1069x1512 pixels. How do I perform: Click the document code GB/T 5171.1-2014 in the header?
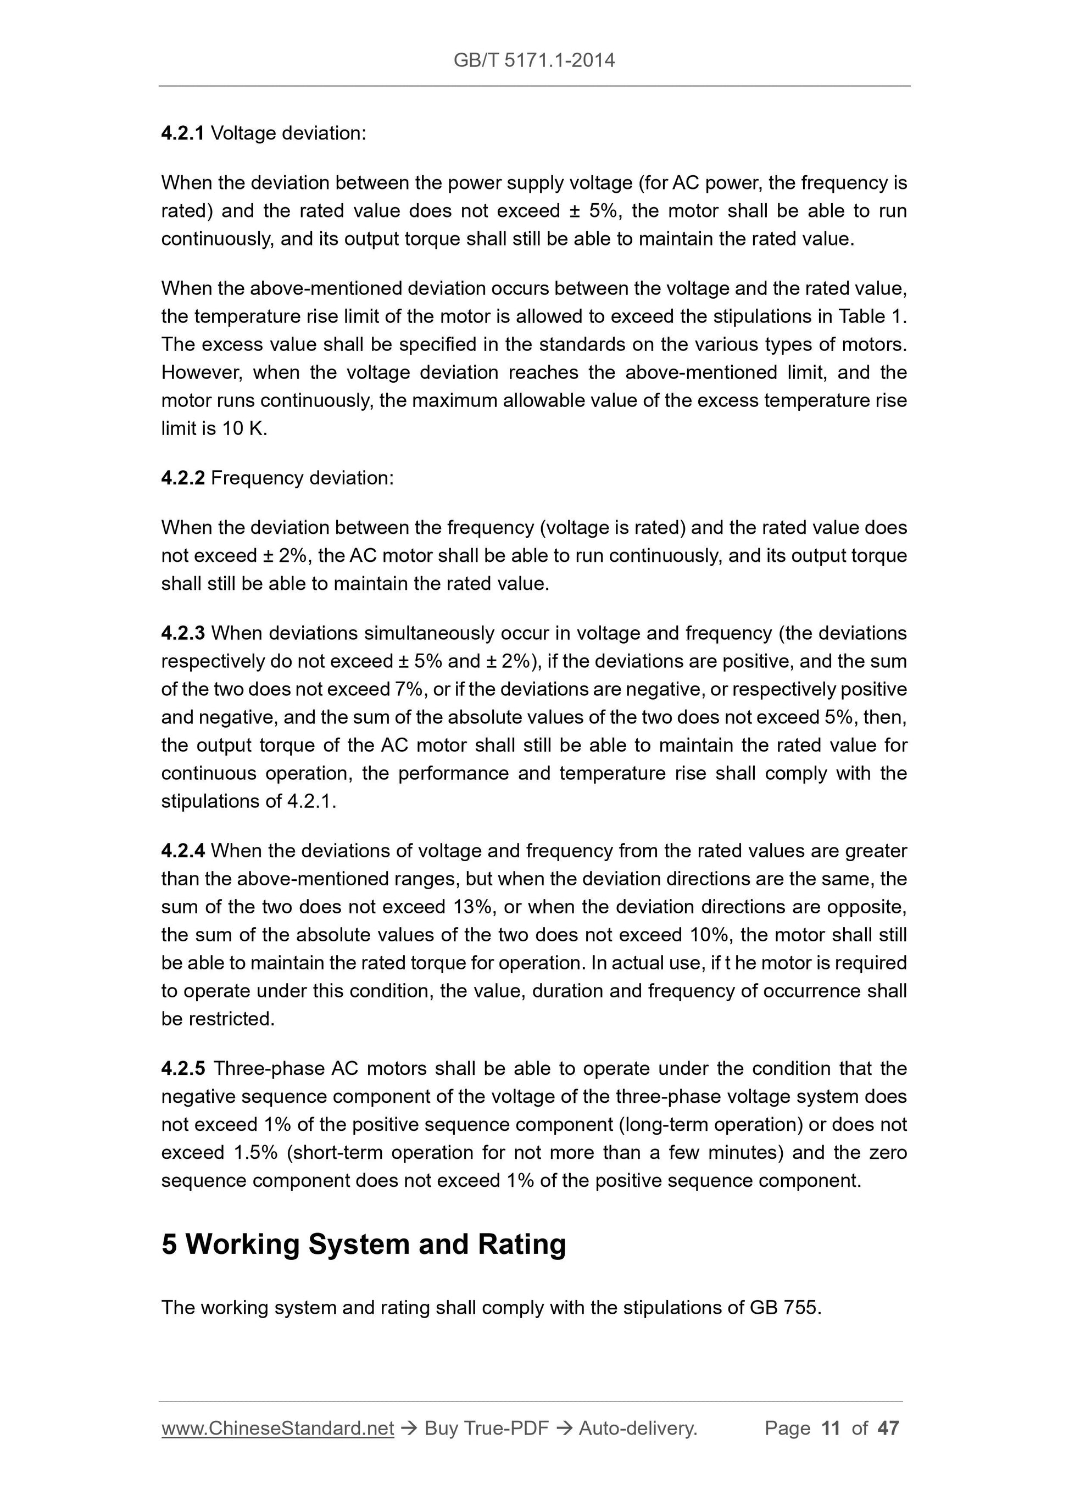click(x=534, y=60)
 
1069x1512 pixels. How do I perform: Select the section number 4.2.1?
click(x=182, y=133)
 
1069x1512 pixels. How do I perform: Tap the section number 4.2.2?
click(x=182, y=478)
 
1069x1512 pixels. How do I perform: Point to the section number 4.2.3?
click(x=182, y=633)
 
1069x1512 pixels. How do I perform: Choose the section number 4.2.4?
click(x=182, y=851)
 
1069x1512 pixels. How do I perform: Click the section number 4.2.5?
click(x=182, y=1069)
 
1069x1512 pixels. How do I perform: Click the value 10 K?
click(x=244, y=429)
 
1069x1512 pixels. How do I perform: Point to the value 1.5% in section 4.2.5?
click(x=255, y=1153)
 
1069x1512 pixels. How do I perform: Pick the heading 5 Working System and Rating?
click(x=364, y=1245)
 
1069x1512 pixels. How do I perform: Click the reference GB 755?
click(x=784, y=1307)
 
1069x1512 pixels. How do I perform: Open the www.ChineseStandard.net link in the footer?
click(x=277, y=1429)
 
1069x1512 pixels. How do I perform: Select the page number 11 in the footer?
click(x=831, y=1429)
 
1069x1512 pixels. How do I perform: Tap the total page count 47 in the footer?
click(x=888, y=1429)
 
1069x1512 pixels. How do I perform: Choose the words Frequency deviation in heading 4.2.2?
click(x=302, y=478)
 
